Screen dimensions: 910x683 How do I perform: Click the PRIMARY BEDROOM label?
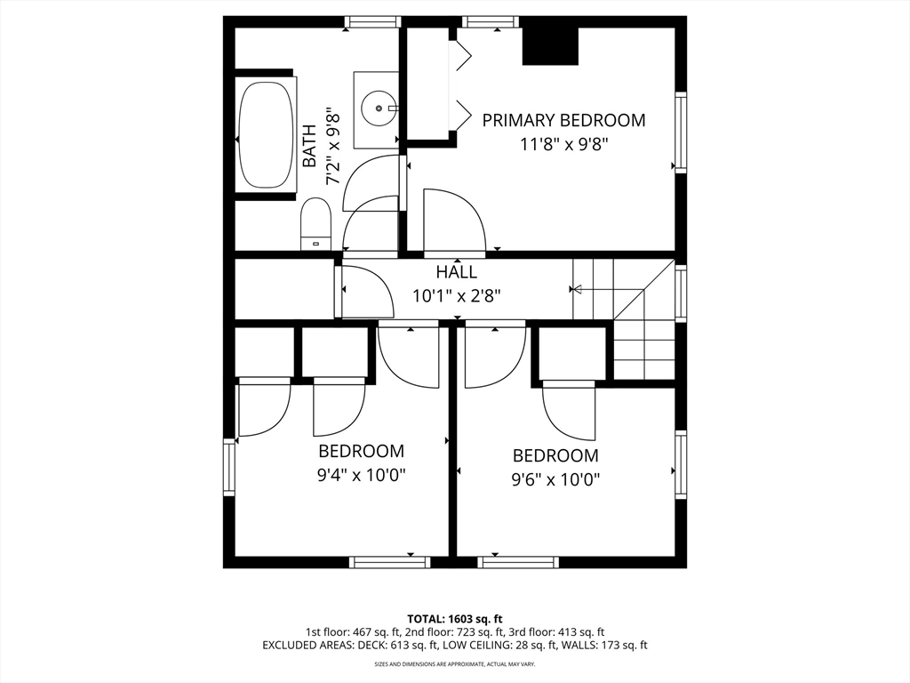tap(563, 120)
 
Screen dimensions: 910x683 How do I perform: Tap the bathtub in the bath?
tap(267, 135)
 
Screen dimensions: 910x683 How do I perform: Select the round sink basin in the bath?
tap(379, 108)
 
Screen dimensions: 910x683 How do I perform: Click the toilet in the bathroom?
tap(315, 224)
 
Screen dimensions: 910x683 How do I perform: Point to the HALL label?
tap(457, 272)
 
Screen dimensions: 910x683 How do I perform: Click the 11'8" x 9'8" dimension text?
tap(563, 144)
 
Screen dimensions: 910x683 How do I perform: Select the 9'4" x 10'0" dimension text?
tap(361, 476)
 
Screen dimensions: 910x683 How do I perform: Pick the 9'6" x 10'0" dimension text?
tap(555, 479)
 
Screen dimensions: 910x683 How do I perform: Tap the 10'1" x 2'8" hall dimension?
tap(456, 296)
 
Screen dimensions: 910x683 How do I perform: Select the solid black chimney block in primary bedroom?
tap(551, 46)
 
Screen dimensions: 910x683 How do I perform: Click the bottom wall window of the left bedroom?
tap(390, 562)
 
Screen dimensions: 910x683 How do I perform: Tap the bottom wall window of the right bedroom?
tap(518, 562)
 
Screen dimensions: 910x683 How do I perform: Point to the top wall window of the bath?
tap(372, 22)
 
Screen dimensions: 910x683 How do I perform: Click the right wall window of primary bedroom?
tap(681, 132)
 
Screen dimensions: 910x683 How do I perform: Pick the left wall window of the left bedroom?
tap(229, 467)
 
